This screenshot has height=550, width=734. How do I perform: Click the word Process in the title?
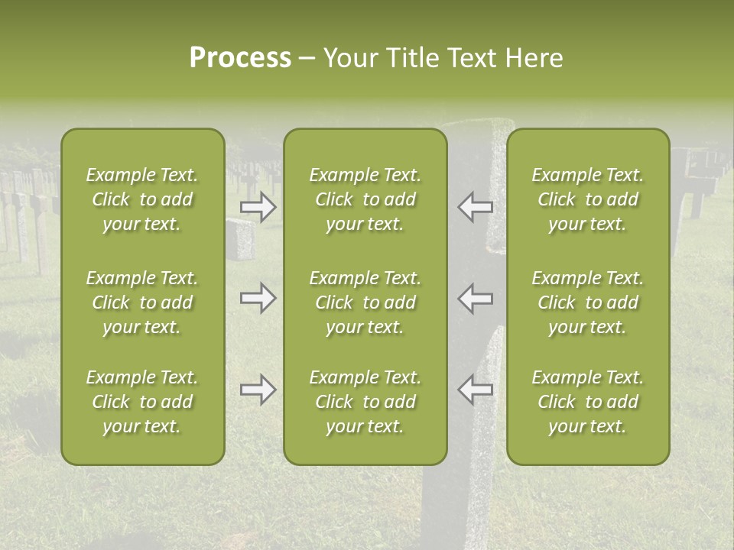240,58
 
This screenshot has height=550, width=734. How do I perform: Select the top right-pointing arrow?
258,206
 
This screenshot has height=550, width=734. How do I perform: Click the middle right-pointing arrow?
258,298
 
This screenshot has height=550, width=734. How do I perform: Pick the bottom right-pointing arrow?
258,390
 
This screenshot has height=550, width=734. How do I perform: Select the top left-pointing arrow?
476,206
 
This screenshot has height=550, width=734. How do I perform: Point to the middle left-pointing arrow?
476,298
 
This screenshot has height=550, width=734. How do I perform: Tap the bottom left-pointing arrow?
476,390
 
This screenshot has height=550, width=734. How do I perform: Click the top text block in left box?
142,199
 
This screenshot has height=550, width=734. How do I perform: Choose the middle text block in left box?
142,302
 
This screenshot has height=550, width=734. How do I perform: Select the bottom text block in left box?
142,402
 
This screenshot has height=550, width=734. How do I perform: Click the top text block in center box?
365,199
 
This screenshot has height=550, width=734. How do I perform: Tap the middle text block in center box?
365,302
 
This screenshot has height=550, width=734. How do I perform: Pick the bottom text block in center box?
365,402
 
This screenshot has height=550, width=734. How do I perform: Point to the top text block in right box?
588,199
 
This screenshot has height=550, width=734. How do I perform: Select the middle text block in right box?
588,302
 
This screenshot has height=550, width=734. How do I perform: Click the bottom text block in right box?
588,402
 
